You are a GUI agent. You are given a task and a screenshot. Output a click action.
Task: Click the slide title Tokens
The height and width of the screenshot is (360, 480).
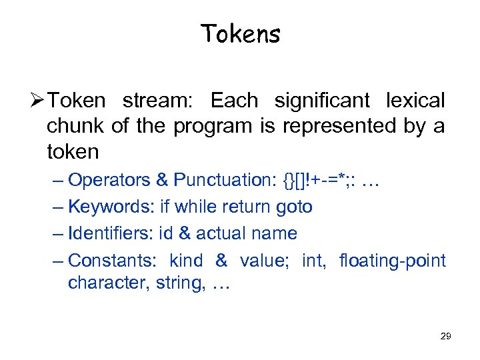tap(240, 33)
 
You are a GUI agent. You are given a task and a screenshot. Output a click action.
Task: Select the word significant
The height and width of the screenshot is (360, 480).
tap(322, 101)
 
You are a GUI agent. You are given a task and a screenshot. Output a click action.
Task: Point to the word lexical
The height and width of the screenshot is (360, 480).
tap(415, 101)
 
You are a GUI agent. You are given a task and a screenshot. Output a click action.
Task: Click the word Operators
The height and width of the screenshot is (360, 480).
tap(109, 180)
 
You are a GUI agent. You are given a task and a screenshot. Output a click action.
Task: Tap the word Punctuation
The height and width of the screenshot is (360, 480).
tap(223, 180)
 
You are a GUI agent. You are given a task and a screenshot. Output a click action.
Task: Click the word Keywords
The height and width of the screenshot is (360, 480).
tap(111, 207)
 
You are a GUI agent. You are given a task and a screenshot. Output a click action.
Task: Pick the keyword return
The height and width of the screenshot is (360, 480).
tap(250, 207)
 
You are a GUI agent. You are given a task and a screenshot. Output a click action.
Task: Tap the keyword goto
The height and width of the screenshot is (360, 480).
tap(294, 207)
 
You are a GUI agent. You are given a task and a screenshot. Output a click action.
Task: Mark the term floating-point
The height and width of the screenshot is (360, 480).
tap(392, 260)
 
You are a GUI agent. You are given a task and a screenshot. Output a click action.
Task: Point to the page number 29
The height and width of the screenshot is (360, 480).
tap(445, 336)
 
